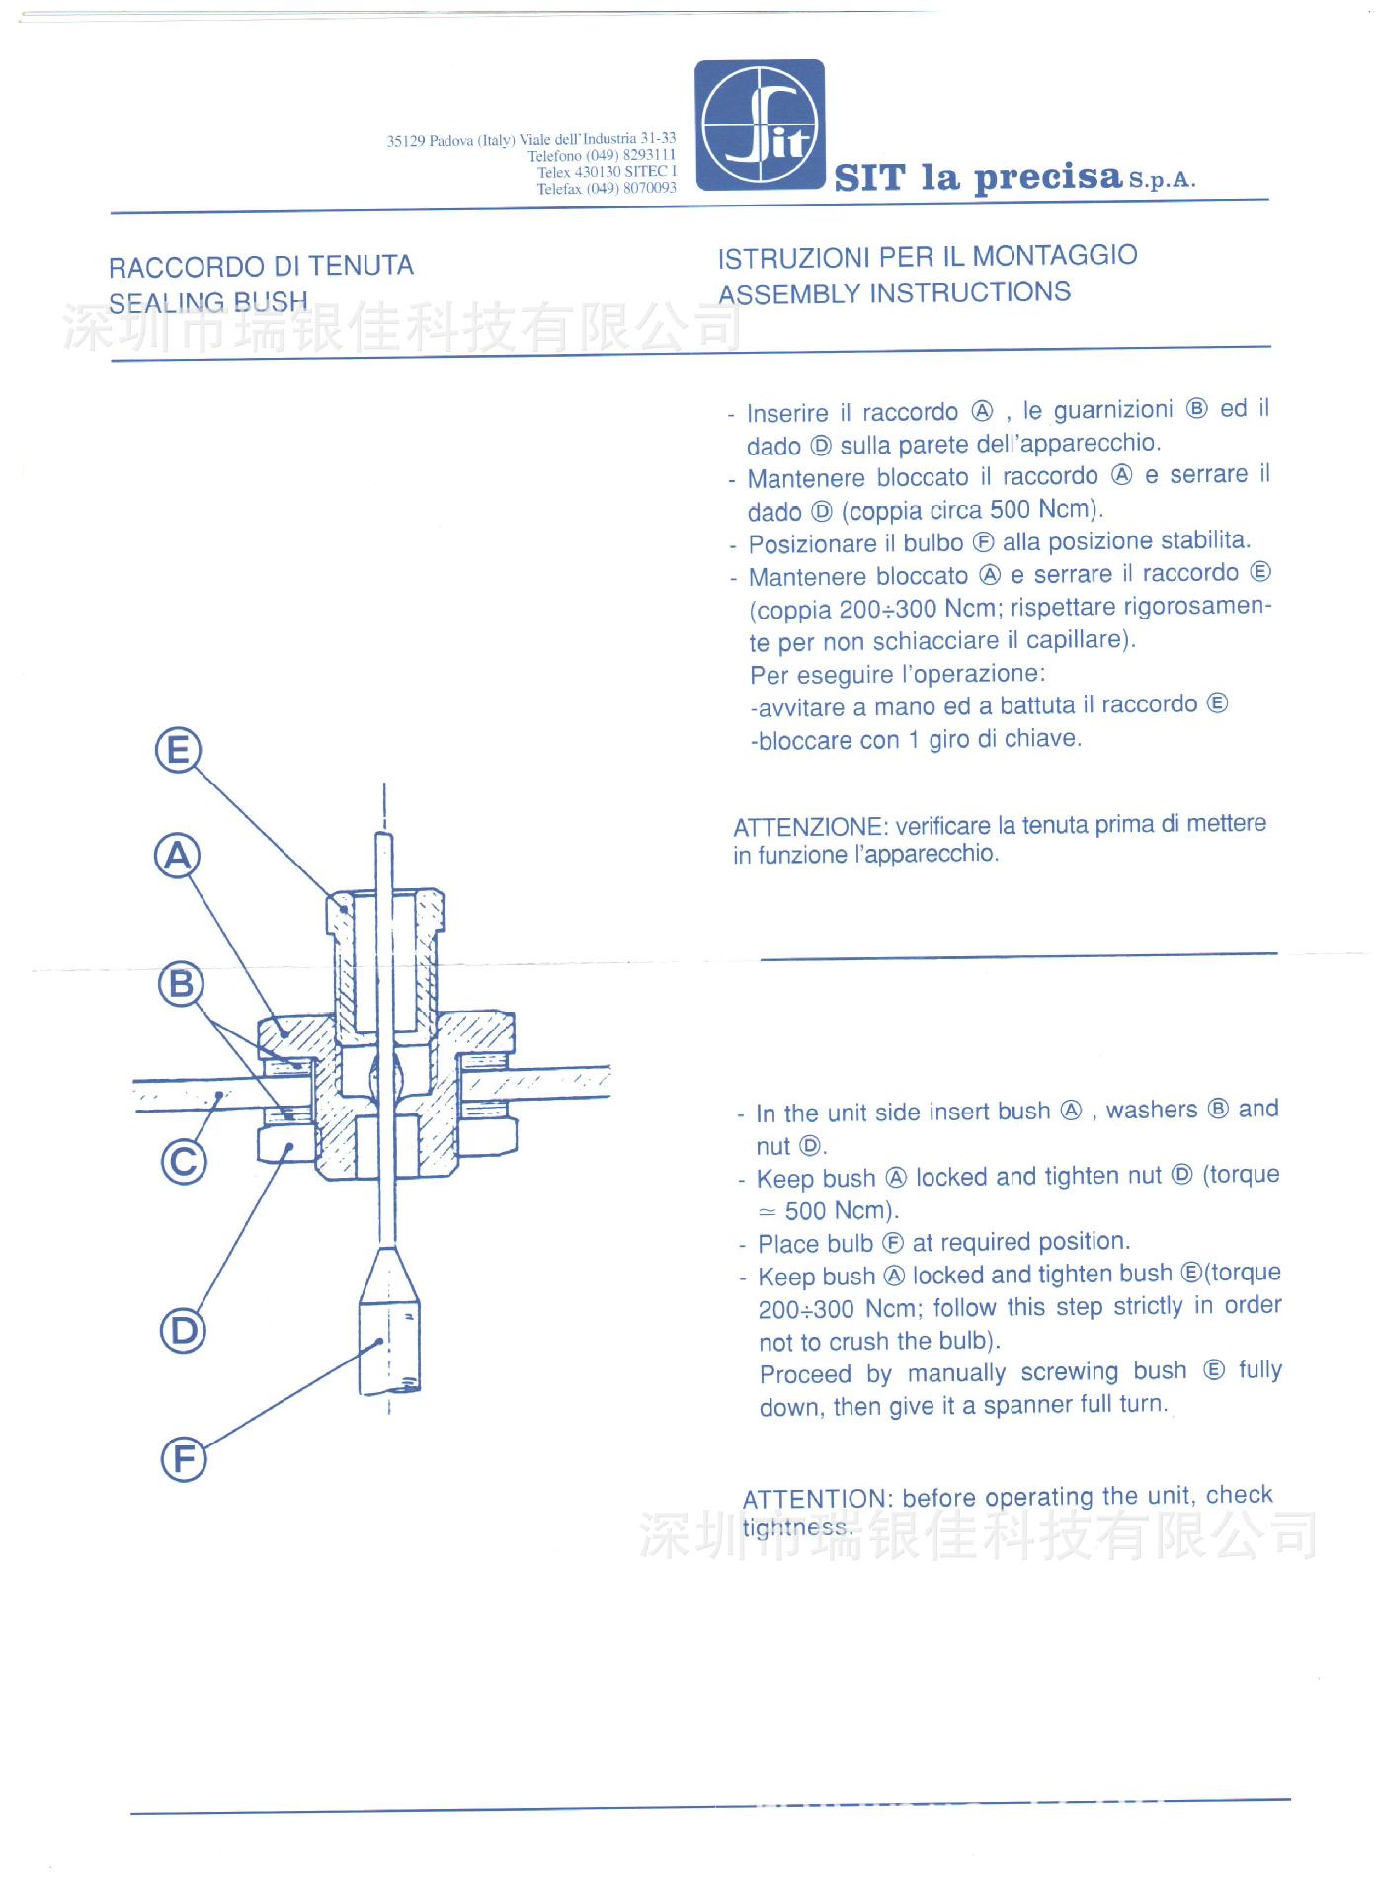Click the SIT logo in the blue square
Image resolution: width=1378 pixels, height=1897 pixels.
point(760,124)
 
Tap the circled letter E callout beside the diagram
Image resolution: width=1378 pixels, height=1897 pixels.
point(178,750)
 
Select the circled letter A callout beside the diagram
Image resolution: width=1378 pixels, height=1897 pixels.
point(178,856)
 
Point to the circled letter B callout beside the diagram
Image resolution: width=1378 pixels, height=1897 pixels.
point(181,984)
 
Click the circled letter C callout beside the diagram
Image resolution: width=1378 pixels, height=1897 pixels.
point(184,1161)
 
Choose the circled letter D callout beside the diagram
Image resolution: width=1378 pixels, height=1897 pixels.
point(184,1331)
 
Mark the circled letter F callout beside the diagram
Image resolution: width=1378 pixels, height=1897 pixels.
point(185,1459)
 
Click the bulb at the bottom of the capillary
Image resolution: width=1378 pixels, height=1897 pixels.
point(389,1334)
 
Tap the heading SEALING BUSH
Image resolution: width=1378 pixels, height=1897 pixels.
point(208,302)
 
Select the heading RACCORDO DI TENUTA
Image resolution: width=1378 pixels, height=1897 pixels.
point(261,266)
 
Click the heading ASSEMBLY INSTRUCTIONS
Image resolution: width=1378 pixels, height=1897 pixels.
point(894,292)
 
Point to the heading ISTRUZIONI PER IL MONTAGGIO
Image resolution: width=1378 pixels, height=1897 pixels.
point(927,256)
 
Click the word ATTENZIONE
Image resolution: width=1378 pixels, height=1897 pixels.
point(809,827)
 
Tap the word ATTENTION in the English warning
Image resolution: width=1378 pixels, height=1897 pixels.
point(817,1499)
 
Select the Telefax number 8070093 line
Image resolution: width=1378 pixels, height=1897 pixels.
point(607,189)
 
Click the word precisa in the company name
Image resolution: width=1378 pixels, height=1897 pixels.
point(1048,178)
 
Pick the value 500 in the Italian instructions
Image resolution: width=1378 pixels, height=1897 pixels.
point(1010,510)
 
